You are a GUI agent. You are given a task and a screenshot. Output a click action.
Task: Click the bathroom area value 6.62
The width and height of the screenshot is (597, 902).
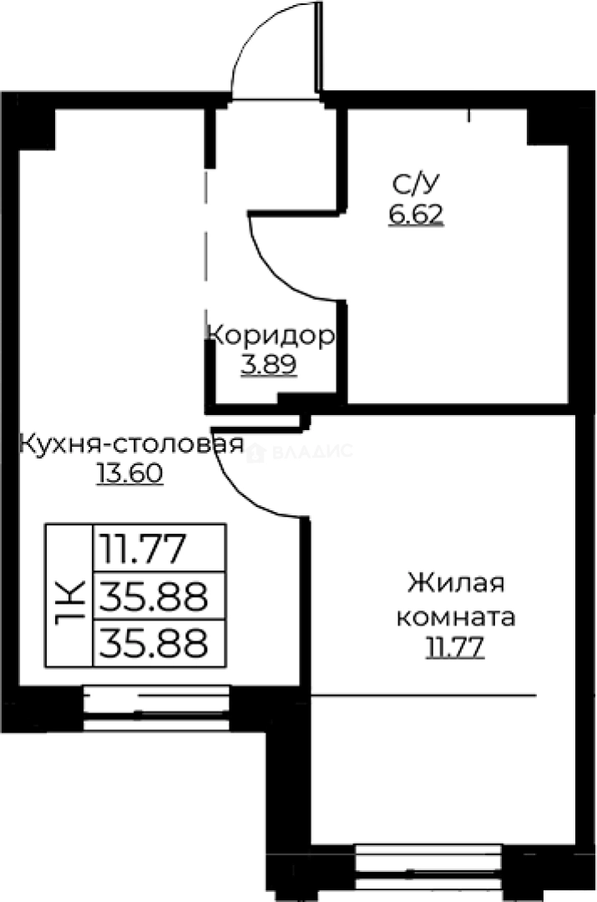tap(414, 215)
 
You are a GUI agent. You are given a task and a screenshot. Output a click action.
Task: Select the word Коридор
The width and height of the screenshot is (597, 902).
tap(271, 336)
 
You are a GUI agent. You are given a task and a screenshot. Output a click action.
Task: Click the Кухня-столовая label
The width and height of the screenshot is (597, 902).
tap(131, 443)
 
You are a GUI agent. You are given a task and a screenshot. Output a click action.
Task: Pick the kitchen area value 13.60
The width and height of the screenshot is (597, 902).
tap(129, 474)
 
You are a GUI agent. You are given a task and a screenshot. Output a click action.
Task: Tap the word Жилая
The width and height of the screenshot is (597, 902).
tap(456, 582)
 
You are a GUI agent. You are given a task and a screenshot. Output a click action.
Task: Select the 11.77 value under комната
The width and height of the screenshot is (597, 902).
tap(455, 648)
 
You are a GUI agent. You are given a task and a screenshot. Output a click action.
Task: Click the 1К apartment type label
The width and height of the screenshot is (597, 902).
tap(68, 596)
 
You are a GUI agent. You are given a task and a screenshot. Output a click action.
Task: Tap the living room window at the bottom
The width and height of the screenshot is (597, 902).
tap(428, 869)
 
